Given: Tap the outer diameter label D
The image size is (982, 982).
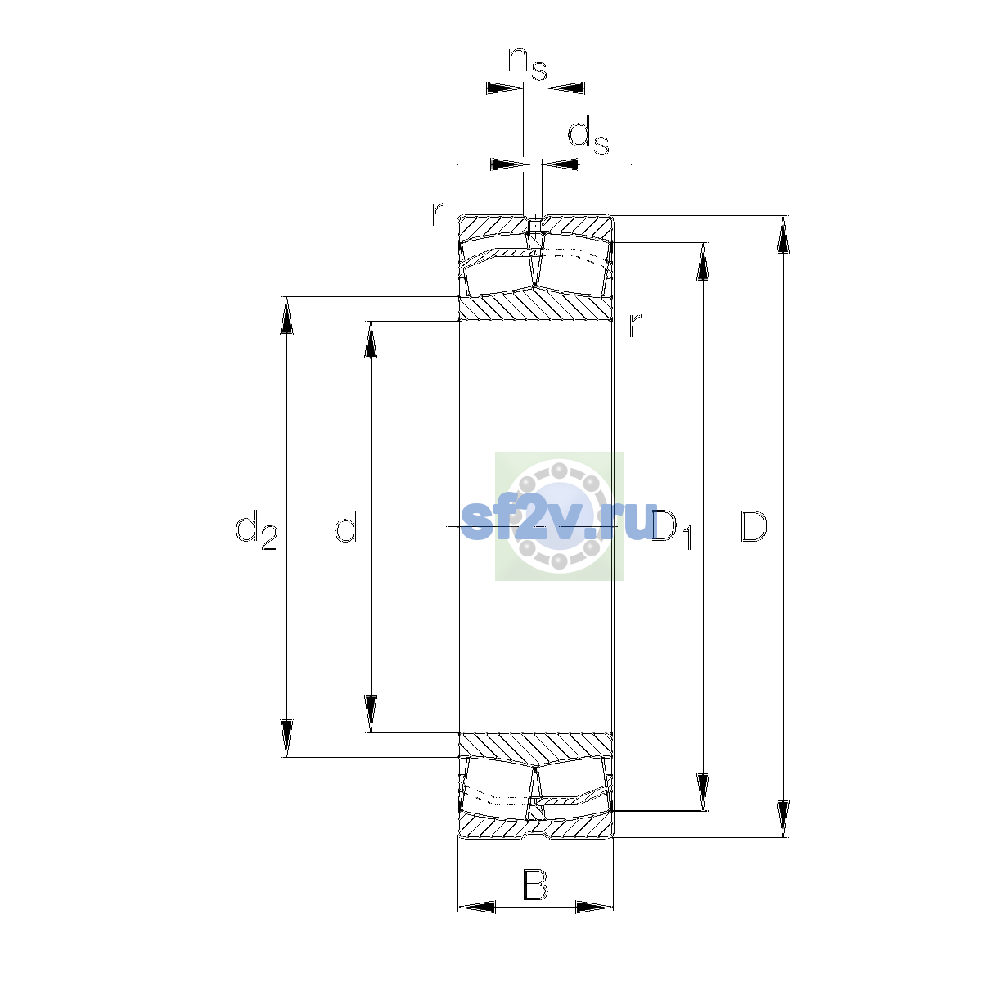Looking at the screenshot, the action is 753,526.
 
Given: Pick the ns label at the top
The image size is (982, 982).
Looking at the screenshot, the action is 528,65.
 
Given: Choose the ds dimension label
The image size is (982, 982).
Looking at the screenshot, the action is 588,135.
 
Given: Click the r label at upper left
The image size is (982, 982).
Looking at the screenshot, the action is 438,214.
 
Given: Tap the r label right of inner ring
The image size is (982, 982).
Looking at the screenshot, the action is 634,325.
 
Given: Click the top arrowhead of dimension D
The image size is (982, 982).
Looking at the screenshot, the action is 783,235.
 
